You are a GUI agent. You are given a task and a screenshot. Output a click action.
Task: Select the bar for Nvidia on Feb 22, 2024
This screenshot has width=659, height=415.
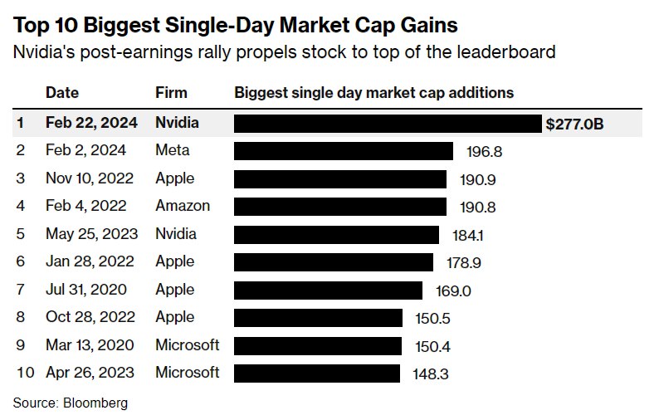388,124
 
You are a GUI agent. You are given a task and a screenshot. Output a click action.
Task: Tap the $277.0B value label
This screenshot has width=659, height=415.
574,124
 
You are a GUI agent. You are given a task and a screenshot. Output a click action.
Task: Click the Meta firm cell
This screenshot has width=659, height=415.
173,150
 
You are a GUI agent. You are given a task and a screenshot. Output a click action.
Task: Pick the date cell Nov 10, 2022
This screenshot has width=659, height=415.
85,178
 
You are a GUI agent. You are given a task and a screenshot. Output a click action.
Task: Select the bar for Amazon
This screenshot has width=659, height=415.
340,206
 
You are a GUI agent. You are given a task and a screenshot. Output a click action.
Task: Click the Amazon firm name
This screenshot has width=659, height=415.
183,206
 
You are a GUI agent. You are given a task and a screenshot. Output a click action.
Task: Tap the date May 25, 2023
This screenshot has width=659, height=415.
91,234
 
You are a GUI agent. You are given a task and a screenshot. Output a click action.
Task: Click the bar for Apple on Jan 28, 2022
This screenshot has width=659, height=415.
334,261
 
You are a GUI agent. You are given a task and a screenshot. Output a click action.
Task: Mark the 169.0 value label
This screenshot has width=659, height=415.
453,290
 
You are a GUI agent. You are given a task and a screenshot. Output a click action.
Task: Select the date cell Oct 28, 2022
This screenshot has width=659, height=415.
85,317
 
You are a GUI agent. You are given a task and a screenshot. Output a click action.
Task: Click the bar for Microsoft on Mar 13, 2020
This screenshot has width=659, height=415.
318,344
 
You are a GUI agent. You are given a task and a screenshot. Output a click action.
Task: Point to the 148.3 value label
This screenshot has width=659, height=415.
430,373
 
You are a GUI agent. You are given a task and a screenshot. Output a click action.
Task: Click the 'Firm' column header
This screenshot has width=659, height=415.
171,92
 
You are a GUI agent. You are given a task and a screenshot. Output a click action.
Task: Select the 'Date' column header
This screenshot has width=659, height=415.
62,92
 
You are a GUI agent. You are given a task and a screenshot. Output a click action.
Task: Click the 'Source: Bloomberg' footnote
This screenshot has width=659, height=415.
71,403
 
